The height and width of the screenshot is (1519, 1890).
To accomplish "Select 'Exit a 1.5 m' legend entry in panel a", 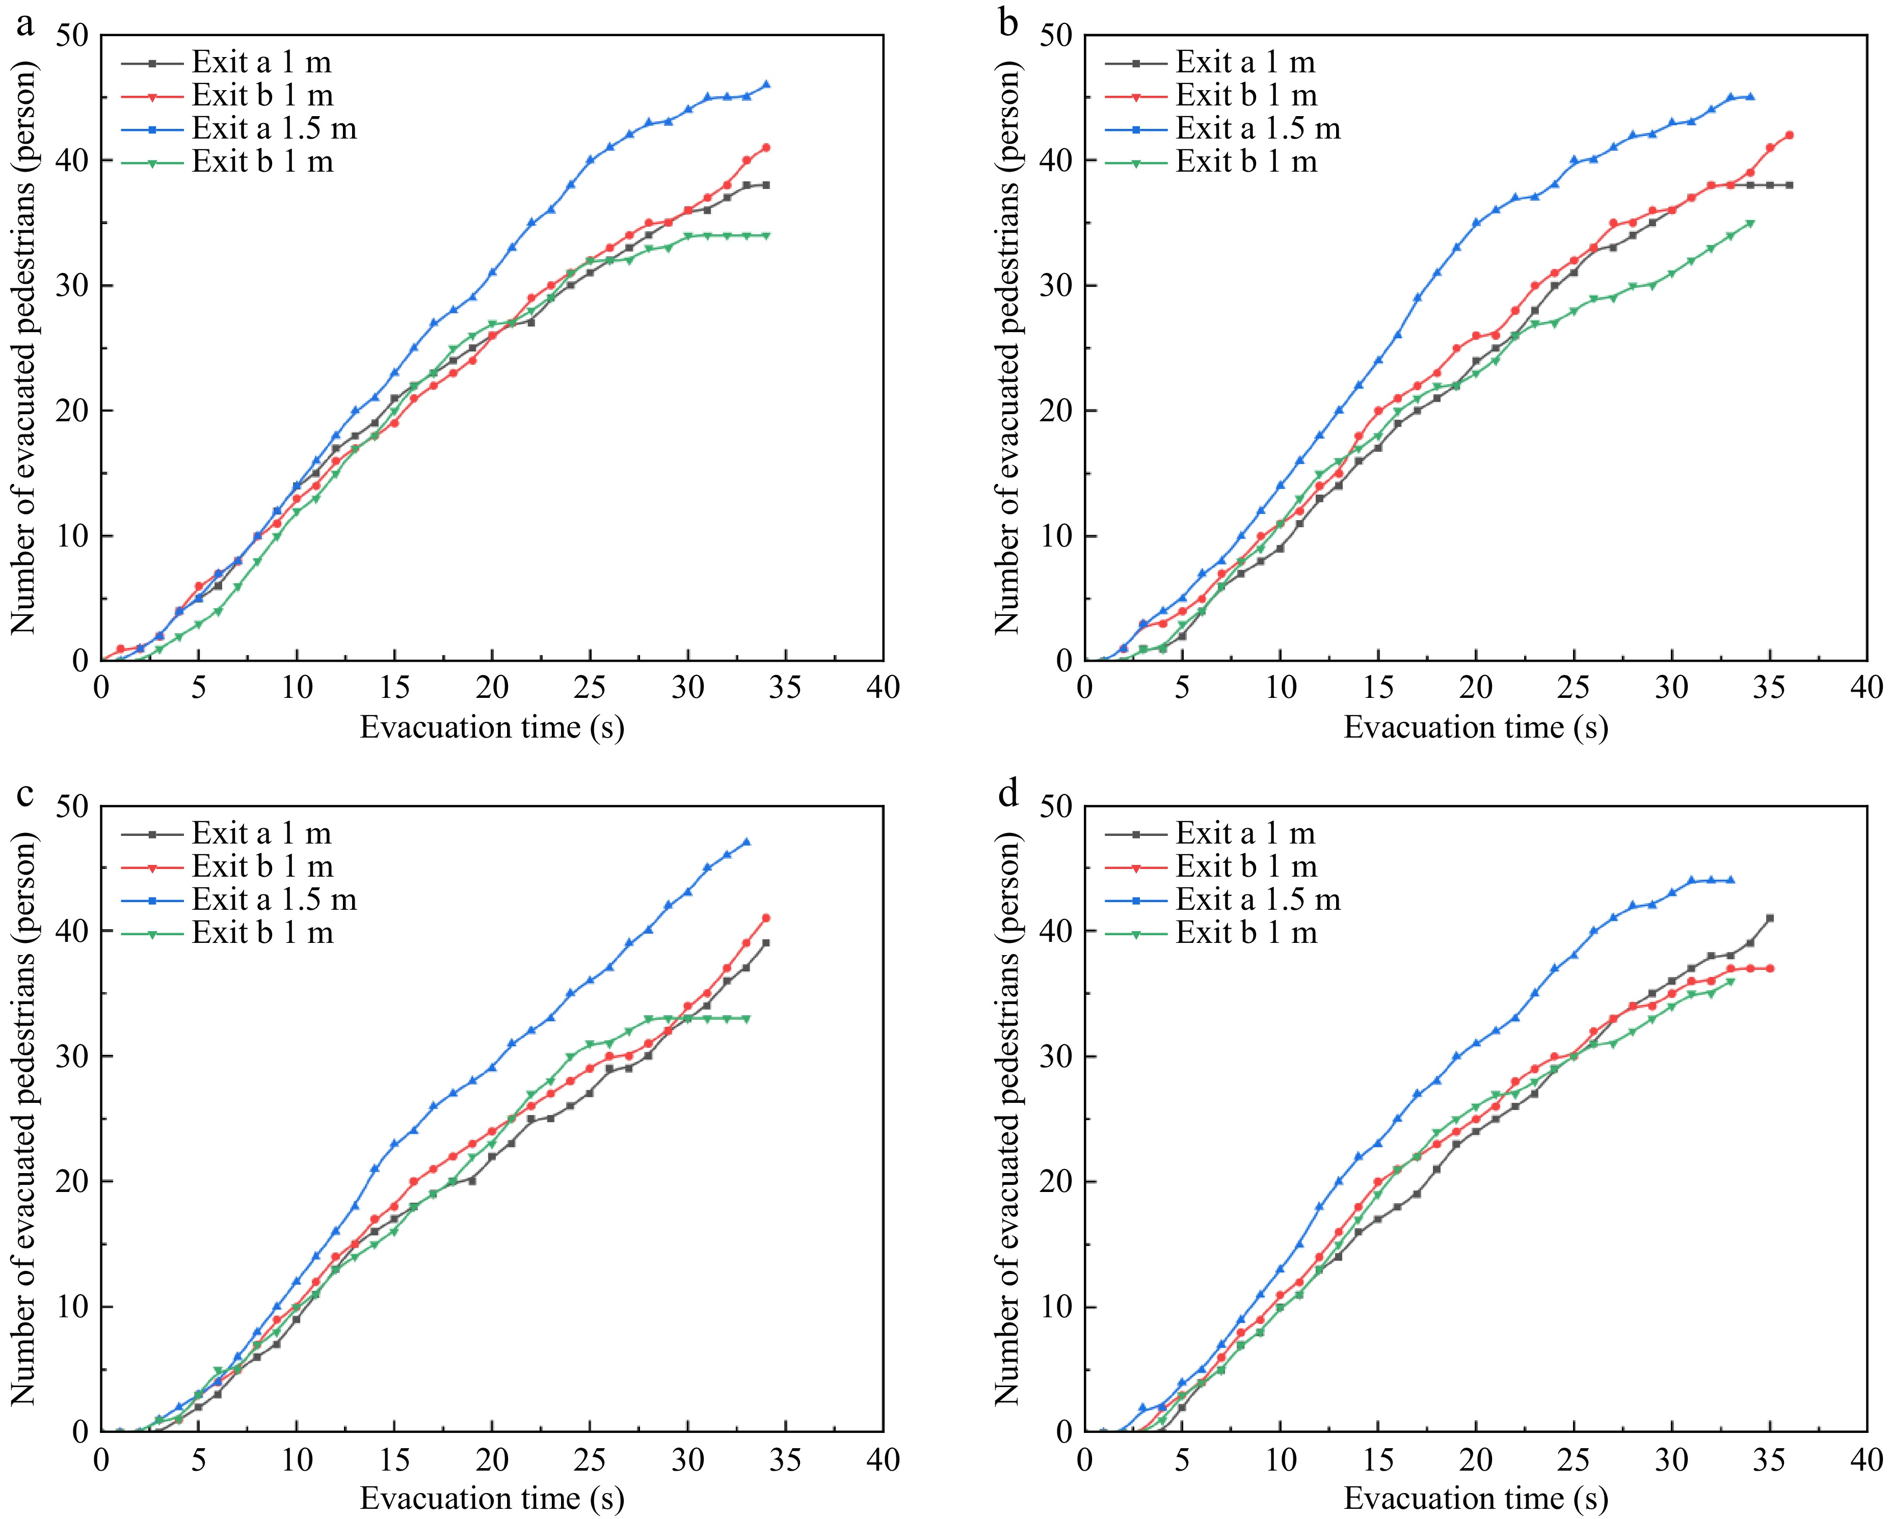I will tap(274, 129).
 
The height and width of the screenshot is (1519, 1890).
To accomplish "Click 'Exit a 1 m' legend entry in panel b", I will tap(1245, 62).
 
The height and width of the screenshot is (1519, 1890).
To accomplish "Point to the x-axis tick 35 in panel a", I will tap(785, 689).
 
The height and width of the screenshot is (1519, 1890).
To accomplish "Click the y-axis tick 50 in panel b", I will tap(1056, 37).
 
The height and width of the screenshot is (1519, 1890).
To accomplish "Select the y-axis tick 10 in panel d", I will tap(1056, 1307).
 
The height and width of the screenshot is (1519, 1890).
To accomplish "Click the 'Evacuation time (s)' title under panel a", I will tap(492, 727).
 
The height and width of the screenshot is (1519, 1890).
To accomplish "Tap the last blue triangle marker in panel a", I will tap(766, 85).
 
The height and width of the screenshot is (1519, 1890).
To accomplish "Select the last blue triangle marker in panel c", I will tap(747, 843).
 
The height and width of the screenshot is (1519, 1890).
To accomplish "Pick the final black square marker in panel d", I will tap(1770, 918).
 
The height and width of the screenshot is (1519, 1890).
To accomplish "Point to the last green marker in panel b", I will tap(1750, 224).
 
